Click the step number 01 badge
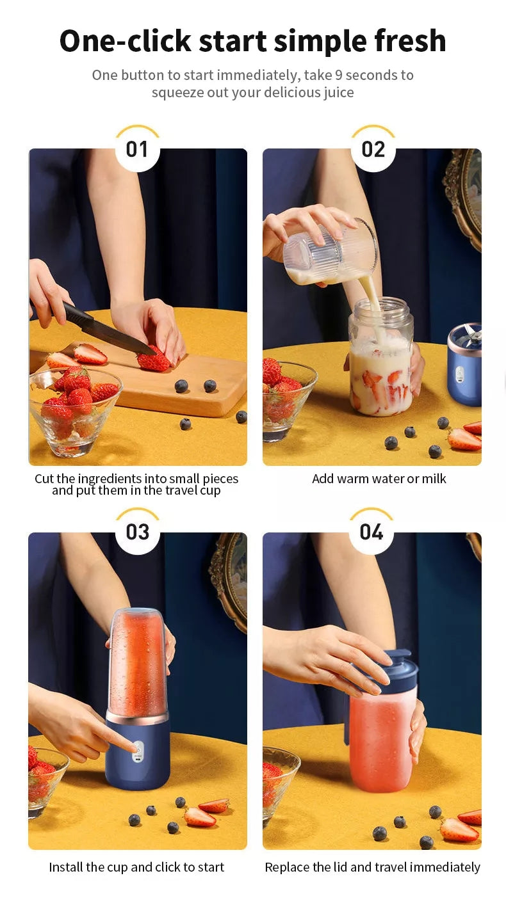pyautogui.click(x=137, y=150)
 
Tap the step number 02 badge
pyautogui.click(x=373, y=150)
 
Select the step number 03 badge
pyautogui.click(x=137, y=532)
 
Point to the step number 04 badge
pyautogui.click(x=371, y=532)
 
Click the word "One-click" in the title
pyautogui.click(x=125, y=42)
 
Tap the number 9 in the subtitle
pyautogui.click(x=339, y=76)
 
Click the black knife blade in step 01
pyautogui.click(x=108, y=330)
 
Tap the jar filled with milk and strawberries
pyautogui.click(x=381, y=357)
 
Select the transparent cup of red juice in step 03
pyautogui.click(x=137, y=664)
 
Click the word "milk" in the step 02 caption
pyautogui.click(x=434, y=479)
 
